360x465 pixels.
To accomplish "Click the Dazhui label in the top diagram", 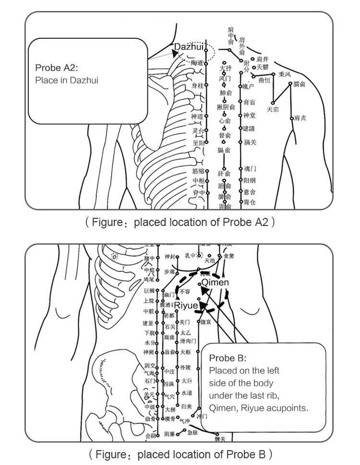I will click(189, 47).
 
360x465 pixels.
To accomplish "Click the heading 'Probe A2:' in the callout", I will click(56, 68).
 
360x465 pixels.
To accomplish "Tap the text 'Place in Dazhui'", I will click(66, 80).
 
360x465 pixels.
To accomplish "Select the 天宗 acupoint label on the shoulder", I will click(273, 109).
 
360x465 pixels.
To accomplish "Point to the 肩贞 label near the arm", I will click(300, 118).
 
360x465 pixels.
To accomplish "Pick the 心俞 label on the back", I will click(225, 121).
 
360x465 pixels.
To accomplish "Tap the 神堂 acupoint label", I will click(250, 116).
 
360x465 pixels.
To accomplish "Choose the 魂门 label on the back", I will click(250, 169).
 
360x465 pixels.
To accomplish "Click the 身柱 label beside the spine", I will click(197, 85).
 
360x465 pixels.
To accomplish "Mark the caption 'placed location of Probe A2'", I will click(180, 222).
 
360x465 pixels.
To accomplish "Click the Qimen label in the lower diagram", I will click(215, 283).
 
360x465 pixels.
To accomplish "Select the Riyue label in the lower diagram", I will click(185, 306).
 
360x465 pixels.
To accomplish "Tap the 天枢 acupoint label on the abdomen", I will click(185, 352).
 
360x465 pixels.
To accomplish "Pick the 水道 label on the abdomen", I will click(187, 393).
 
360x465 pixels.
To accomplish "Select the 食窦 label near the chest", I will click(229, 256).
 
